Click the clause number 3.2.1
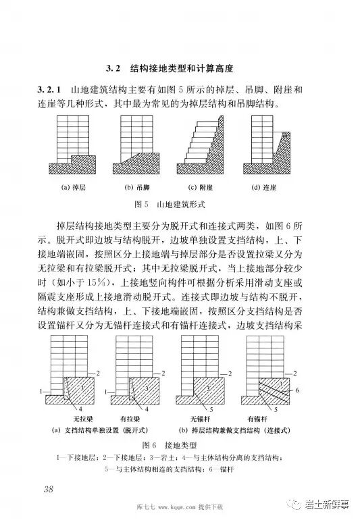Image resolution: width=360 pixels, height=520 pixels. point(51,90)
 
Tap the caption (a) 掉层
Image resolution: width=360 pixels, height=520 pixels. point(72,187)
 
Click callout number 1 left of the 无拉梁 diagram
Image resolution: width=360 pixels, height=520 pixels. point(42,391)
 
